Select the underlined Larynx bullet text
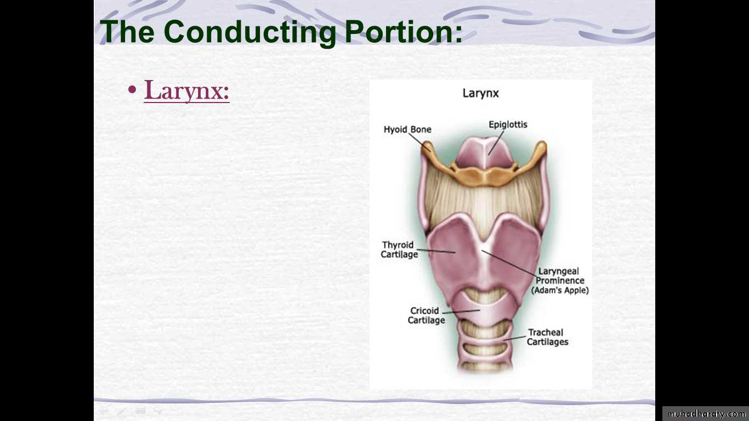pyautogui.click(x=186, y=90)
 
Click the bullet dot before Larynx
pyautogui.click(x=132, y=89)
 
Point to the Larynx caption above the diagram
pyautogui.click(x=480, y=93)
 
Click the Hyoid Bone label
pyautogui.click(x=407, y=129)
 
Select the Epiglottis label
pyautogui.click(x=508, y=125)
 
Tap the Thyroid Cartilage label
pyautogui.click(x=399, y=250)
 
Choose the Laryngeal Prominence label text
pyautogui.click(x=559, y=276)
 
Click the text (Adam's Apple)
pyautogui.click(x=560, y=290)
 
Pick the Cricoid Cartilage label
pyautogui.click(x=427, y=316)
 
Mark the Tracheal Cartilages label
pyautogui.click(x=547, y=337)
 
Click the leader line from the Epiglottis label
pyautogui.click(x=496, y=143)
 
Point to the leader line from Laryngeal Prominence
pyautogui.click(x=509, y=264)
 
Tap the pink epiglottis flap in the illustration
pyautogui.click(x=485, y=153)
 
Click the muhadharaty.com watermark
pyautogui.click(x=706, y=414)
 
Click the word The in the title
pyautogui.click(x=127, y=32)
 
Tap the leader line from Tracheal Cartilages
pyautogui.click(x=514, y=338)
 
